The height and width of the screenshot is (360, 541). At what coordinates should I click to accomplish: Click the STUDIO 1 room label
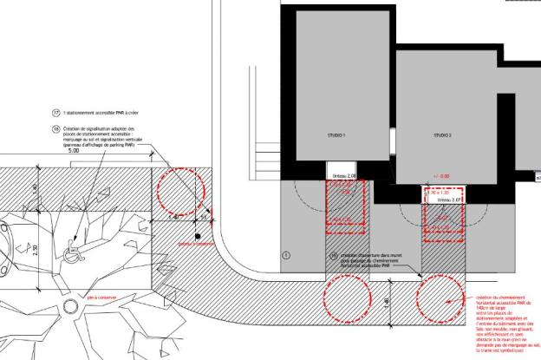[336, 136]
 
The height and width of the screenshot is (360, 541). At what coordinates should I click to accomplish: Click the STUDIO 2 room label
[443, 136]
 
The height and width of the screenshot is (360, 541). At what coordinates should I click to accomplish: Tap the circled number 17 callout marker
[56, 113]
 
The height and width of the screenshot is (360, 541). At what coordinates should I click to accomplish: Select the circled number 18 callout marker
[56, 127]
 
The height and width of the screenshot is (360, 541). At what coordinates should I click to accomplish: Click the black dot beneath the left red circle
[198, 236]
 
